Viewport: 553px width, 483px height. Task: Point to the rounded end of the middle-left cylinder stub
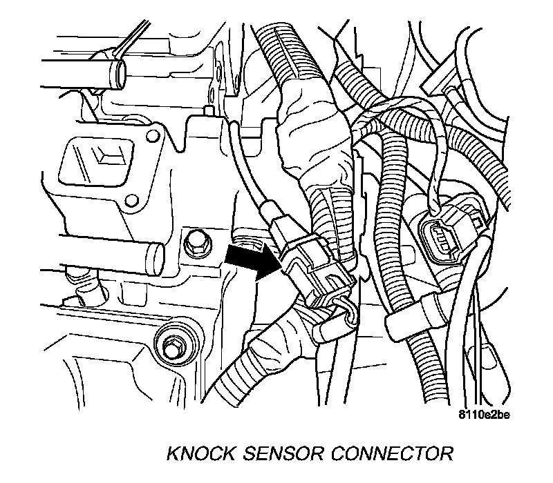156,256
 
